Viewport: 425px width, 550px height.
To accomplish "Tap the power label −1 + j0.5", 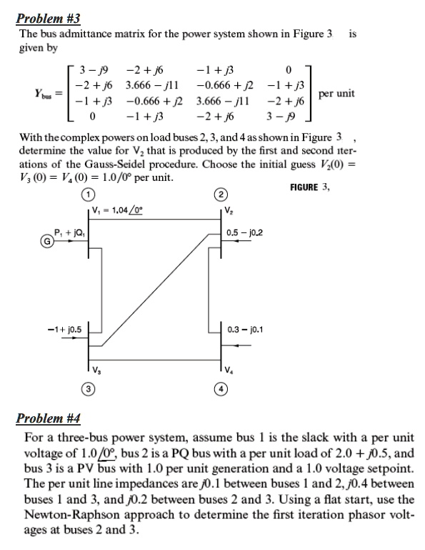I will pos(64,329).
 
